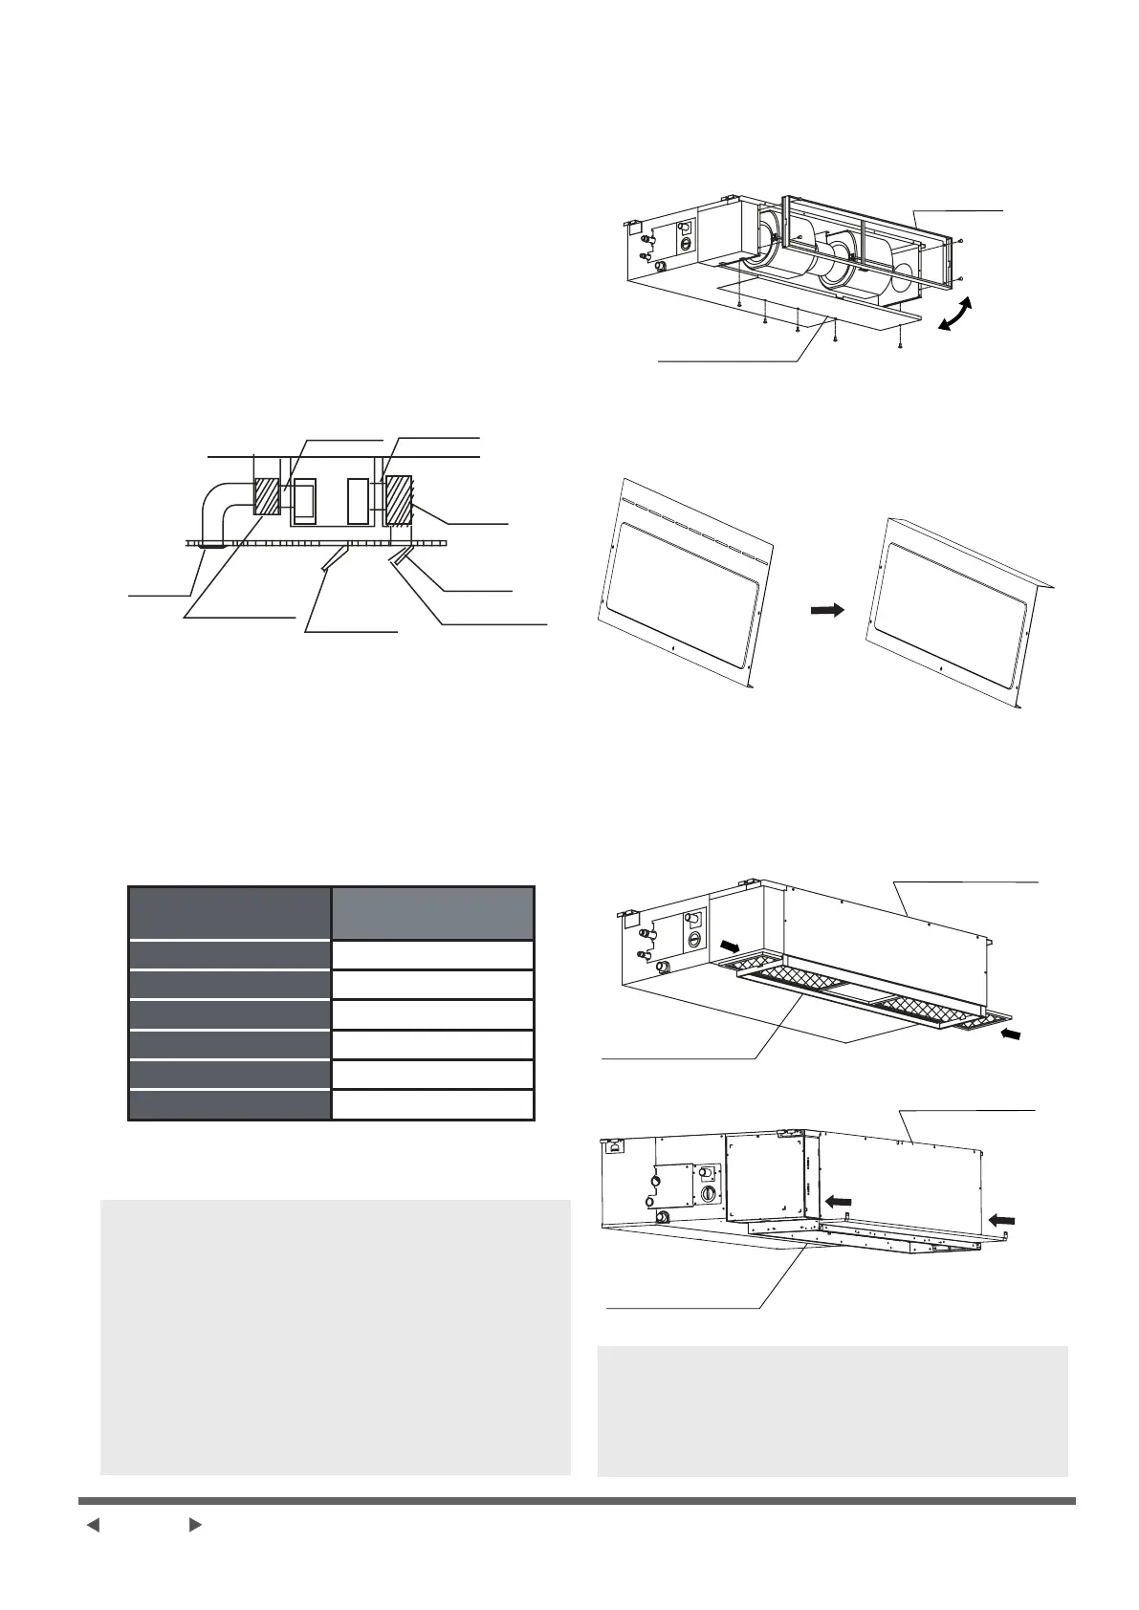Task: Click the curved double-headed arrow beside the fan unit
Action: click(x=958, y=315)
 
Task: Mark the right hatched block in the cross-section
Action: click(x=397, y=500)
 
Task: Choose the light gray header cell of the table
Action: click(x=432, y=913)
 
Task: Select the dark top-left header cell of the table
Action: click(x=230, y=913)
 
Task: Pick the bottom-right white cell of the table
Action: click(x=432, y=1104)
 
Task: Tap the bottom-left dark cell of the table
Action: click(x=230, y=1104)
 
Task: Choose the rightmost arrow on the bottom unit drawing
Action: click(x=1001, y=1218)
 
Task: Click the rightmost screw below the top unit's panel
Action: click(x=902, y=345)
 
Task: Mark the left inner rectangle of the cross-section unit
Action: click(x=305, y=503)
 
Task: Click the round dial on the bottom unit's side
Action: click(x=708, y=1195)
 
